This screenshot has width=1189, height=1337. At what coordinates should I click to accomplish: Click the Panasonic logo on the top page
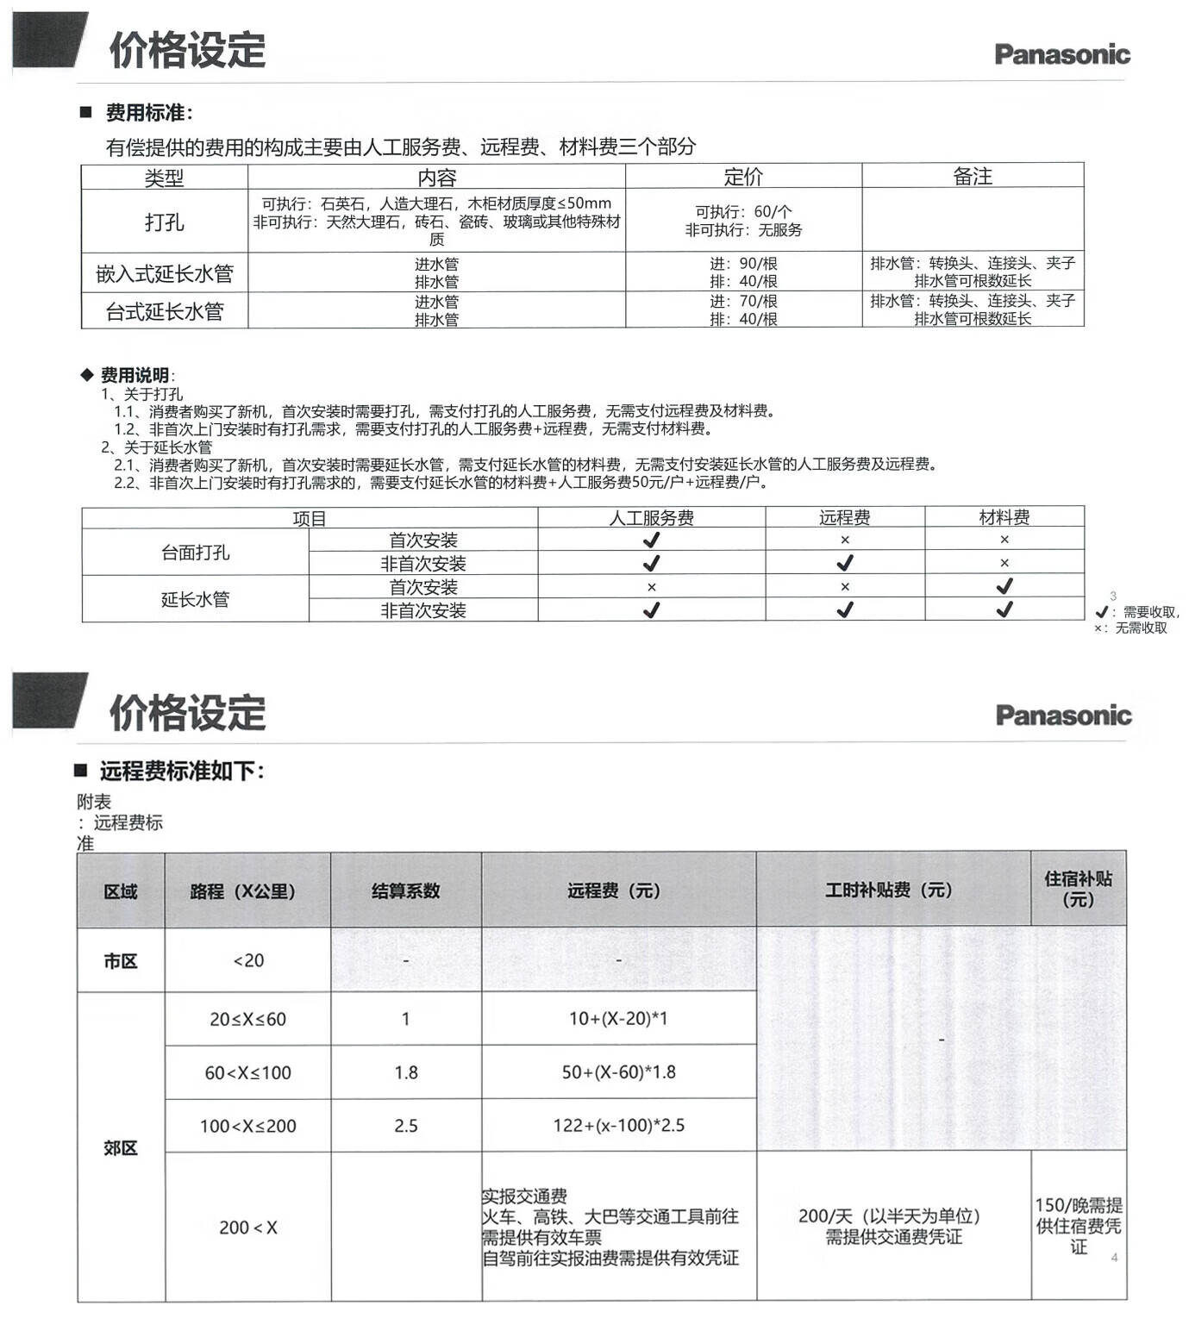(1061, 54)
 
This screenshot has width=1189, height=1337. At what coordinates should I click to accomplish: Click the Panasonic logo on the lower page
(1062, 715)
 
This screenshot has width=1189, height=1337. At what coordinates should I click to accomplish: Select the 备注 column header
(972, 177)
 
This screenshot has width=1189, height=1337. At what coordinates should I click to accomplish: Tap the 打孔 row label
(164, 222)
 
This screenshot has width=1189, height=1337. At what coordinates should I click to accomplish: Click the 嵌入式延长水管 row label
(164, 273)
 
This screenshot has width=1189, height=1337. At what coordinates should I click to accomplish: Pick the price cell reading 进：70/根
(743, 301)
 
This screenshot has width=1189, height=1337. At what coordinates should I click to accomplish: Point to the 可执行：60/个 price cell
(743, 211)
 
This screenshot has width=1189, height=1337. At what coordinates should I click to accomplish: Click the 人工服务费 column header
(651, 517)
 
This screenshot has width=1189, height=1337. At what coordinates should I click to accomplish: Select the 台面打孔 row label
(196, 553)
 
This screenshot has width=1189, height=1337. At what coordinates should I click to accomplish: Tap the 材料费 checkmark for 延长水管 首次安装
(1004, 586)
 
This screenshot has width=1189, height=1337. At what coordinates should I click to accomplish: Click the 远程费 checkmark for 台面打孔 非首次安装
(845, 563)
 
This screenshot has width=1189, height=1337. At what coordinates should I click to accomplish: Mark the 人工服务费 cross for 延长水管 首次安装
(651, 587)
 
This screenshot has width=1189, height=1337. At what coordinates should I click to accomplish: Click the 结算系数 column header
(405, 890)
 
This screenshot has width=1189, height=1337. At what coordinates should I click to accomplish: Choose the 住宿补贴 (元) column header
(1078, 889)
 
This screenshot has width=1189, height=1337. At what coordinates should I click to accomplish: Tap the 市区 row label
(121, 960)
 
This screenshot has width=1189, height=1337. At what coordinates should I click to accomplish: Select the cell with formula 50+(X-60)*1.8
(618, 1072)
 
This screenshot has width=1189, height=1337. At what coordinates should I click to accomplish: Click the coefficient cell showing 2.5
(405, 1126)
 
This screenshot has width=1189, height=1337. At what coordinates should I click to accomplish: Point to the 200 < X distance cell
(247, 1228)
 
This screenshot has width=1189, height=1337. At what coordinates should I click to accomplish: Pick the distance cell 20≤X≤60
(247, 1019)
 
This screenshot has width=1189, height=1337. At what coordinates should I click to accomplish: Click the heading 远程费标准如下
(181, 771)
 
